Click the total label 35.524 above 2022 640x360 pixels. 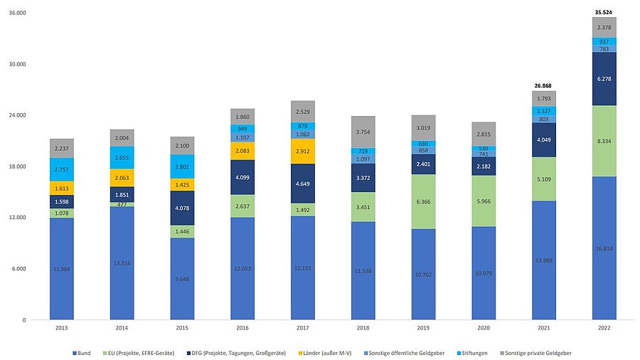pos(604,12)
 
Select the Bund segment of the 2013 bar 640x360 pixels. pos(62,268)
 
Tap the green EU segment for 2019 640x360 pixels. pos(423,202)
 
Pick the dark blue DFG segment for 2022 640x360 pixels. pos(604,79)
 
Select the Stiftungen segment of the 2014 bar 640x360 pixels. pos(122,157)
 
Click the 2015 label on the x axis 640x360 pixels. pos(182,327)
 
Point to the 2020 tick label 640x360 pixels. pos(483,327)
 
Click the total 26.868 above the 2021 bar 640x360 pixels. pos(543,84)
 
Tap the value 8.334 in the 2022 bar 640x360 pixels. pos(604,142)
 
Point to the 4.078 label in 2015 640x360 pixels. pos(182,208)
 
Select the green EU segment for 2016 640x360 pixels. pos(242,206)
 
